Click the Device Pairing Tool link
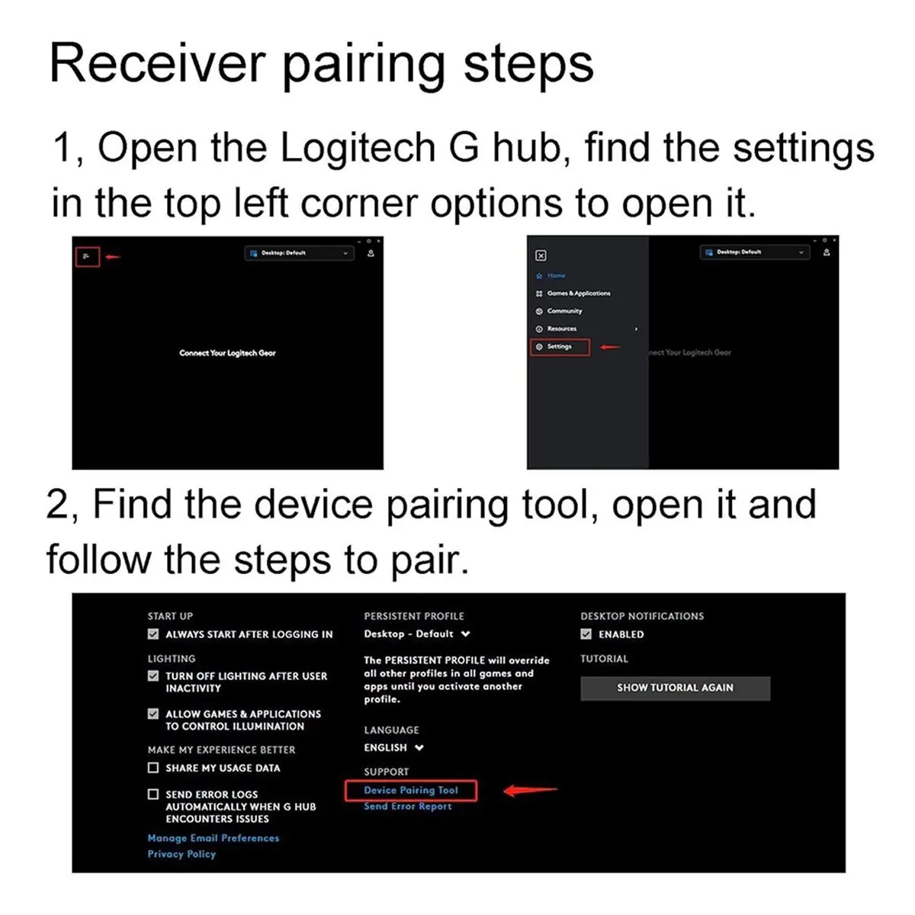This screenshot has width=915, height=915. click(x=410, y=791)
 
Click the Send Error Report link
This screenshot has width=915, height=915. click(x=407, y=807)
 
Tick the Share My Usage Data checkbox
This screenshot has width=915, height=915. click(x=153, y=768)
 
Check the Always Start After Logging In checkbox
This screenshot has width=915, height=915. click(x=153, y=634)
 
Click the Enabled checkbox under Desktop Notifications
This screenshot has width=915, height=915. click(x=586, y=634)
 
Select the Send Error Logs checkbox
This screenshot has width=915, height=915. click(x=153, y=795)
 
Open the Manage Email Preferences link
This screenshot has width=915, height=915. click(x=213, y=838)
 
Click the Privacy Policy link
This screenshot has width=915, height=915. click(x=181, y=854)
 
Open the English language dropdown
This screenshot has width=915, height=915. click(x=393, y=748)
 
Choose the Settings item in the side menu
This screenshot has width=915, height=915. click(x=559, y=347)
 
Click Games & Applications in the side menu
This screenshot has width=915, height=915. click(x=578, y=294)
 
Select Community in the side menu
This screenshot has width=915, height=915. click(x=564, y=311)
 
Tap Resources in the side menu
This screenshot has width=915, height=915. click(x=561, y=329)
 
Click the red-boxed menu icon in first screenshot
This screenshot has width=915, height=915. click(x=87, y=257)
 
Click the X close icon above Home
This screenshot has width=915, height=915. click(x=541, y=256)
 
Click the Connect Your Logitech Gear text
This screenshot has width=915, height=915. click(x=227, y=353)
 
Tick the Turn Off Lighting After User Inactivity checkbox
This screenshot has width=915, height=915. click(x=153, y=676)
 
